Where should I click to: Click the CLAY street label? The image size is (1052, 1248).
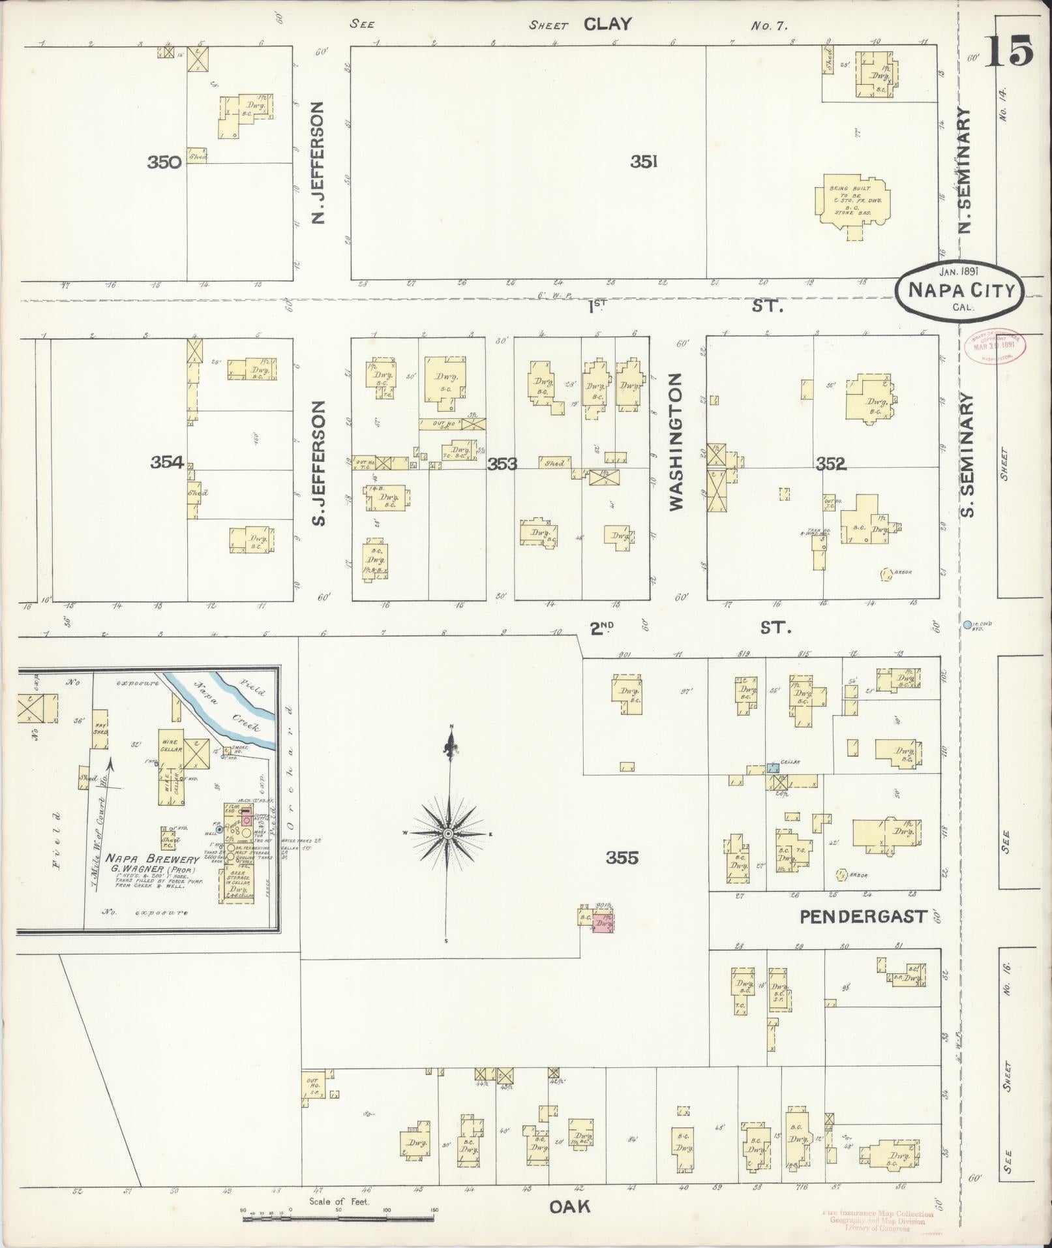coord(607,24)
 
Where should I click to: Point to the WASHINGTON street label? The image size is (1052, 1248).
coord(675,442)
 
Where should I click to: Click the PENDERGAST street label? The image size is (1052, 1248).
coord(863,917)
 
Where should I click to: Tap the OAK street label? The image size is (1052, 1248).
coord(569,1207)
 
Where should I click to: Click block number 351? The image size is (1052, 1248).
coord(643,161)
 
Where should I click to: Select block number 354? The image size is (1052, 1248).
coord(166,463)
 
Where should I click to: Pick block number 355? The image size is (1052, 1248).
coord(622,858)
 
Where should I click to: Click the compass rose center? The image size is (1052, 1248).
coord(449,834)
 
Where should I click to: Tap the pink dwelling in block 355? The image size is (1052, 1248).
coord(603,923)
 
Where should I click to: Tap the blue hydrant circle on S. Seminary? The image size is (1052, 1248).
coord(967,625)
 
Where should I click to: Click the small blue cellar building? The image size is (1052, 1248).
coord(773,767)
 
